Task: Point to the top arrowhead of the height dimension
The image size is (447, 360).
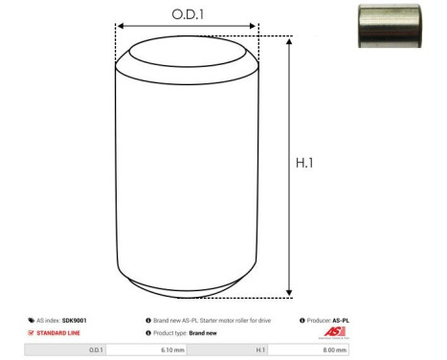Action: pos(289,40)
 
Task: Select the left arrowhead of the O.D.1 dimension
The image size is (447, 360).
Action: pos(120,28)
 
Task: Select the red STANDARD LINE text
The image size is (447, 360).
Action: pos(58,333)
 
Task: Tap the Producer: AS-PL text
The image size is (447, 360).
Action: pos(328,321)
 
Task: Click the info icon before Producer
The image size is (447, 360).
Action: pos(302,321)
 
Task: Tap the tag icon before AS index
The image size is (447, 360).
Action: pos(32,321)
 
